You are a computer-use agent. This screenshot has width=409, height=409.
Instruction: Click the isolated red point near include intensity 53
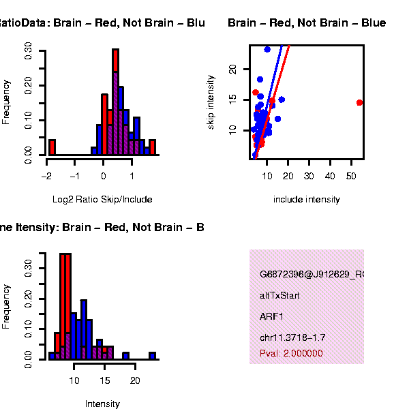coord(359,103)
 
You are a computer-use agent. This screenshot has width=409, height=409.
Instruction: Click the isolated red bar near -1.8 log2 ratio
coord(52,147)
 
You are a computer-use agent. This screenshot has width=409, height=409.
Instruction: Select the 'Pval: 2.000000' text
coord(291,354)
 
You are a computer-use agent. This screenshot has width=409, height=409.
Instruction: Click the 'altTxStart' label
coord(279,296)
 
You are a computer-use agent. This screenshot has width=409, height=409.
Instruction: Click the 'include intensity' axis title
coord(306,200)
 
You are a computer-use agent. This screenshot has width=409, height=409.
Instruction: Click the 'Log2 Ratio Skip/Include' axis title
coord(102,200)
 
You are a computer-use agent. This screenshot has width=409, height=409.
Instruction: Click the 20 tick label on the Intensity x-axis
coord(135,380)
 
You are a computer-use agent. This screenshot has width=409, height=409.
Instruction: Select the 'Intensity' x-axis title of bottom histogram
coord(102,404)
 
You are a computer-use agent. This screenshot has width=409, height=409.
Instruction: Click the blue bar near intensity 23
coord(152,355)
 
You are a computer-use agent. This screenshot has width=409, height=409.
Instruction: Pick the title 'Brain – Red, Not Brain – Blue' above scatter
coord(307,23)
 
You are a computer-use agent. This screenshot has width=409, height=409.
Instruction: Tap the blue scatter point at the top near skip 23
coord(267,49)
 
